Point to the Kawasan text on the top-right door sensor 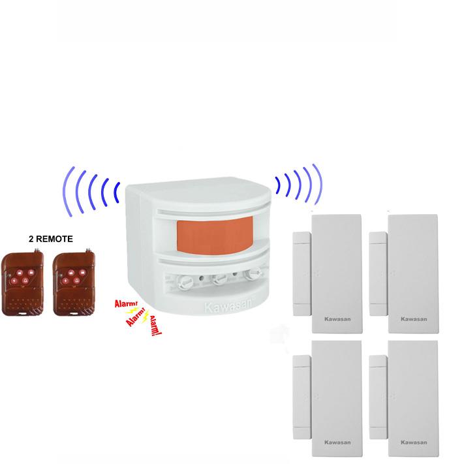click(413, 319)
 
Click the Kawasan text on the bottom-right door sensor click(413, 442)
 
